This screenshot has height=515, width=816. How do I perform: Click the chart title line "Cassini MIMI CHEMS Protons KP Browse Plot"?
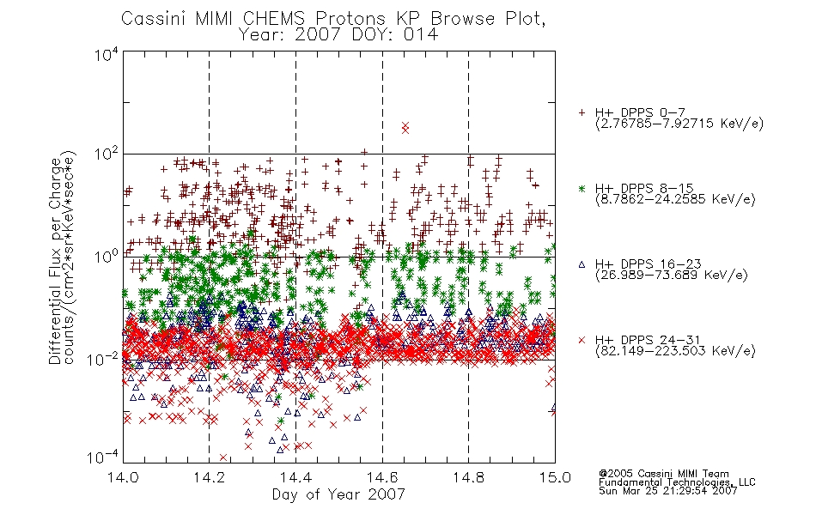[333, 18]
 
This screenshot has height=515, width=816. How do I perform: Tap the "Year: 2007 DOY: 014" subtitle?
[338, 34]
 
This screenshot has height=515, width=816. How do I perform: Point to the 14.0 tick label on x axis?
[123, 477]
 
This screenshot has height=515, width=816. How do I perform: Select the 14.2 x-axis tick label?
[210, 477]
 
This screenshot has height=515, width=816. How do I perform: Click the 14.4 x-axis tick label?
[295, 477]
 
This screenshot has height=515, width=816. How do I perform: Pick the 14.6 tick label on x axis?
[382, 477]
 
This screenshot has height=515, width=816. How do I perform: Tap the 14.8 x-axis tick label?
[468, 477]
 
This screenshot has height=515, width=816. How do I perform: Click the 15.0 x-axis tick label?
[555, 477]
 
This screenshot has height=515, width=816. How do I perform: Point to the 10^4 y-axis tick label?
[107, 54]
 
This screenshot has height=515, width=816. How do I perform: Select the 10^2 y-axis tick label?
[107, 154]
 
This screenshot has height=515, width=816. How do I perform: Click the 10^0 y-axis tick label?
[107, 257]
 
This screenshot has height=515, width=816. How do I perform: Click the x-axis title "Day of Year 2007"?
[338, 494]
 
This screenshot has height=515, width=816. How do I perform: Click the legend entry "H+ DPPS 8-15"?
[644, 188]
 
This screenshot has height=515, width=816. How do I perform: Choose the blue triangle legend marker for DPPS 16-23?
[582, 264]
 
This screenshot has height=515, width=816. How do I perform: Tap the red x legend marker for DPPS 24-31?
[582, 340]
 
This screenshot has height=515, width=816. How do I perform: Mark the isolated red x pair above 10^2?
[405, 127]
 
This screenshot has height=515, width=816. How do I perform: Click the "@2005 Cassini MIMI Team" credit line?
[663, 474]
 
